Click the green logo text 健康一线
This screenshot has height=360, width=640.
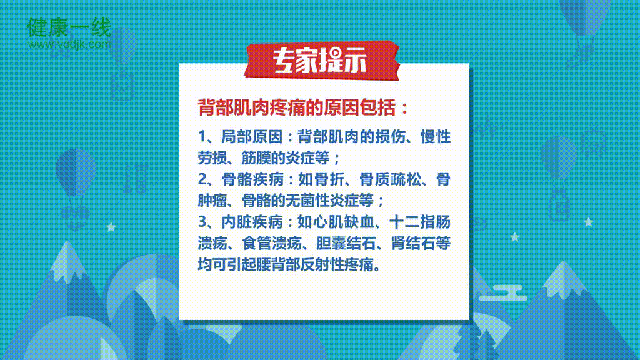point(69,27)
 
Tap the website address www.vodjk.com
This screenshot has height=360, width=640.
point(69,44)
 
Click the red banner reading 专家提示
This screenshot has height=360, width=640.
point(321,61)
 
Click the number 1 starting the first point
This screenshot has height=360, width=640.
point(202,137)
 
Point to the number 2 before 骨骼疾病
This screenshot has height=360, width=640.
point(202,179)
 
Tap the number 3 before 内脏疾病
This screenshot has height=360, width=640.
point(202,222)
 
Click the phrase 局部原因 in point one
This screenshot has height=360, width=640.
point(251,137)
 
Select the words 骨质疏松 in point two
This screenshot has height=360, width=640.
point(390,179)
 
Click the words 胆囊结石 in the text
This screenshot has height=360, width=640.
point(346,243)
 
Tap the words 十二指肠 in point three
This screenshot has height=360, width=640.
point(420,222)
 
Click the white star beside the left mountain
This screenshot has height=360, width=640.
point(111,227)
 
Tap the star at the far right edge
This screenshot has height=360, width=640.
point(589,222)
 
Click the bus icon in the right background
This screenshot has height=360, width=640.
point(594,141)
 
